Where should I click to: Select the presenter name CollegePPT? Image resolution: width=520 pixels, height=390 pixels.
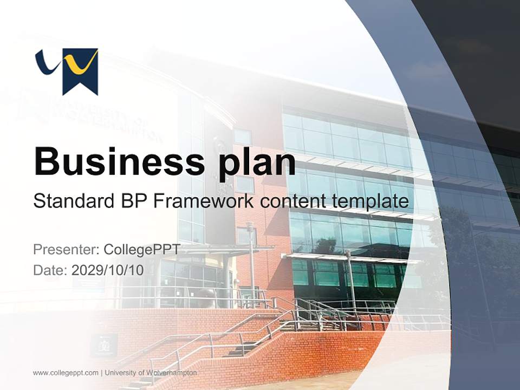point(142,250)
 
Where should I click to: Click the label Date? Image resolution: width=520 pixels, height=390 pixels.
point(50,270)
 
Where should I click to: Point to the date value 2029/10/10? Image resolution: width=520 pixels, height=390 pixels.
point(108,270)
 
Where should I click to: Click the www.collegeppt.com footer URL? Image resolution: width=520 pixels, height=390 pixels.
point(66,373)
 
